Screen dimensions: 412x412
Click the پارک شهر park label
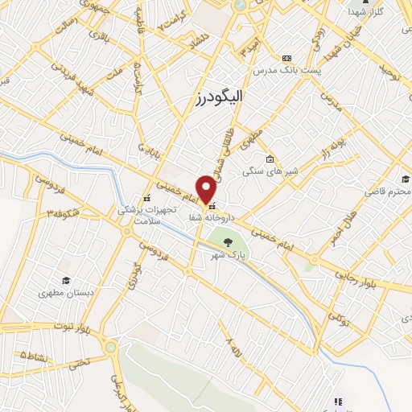(228, 254)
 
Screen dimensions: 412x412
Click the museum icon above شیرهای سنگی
(270, 158)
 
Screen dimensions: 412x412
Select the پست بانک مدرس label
(286, 71)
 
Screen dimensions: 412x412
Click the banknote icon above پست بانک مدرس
(286, 58)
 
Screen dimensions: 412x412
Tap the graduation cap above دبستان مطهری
(66, 281)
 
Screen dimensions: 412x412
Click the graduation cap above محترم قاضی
(406, 179)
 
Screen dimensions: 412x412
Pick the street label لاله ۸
(234, 350)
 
